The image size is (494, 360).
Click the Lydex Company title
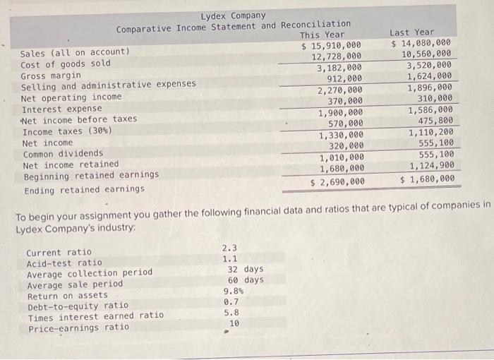[233, 16]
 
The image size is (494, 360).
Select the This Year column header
[322, 35]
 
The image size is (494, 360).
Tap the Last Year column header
[411, 32]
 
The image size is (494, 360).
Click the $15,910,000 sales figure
[331, 46]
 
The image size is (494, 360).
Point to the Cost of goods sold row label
[66, 64]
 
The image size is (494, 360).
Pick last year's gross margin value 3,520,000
[429, 65]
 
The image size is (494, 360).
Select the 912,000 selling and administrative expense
[344, 78]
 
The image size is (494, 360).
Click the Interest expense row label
[62, 109]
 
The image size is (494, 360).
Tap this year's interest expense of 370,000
[345, 101]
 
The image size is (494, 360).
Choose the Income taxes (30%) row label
[67, 131]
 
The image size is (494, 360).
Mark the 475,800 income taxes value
[435, 121]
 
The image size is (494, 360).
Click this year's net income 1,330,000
[341, 135]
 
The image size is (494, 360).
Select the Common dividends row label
[63, 154]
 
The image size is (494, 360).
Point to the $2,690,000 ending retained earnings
[337, 182]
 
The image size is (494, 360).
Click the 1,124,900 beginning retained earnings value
[432, 165]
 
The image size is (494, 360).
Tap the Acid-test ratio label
[64, 263]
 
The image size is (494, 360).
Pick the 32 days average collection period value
[246, 269]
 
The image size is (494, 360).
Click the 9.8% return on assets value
[234, 291]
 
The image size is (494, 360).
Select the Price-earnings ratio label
[79, 328]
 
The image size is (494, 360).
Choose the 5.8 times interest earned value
[231, 313]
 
